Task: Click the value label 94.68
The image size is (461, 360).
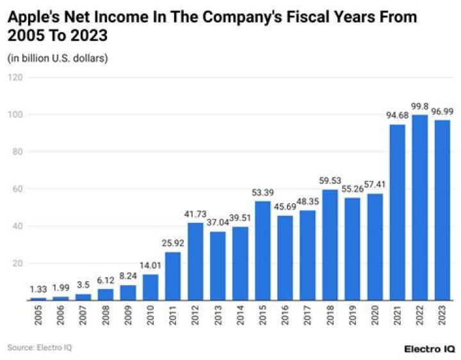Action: click(x=396, y=116)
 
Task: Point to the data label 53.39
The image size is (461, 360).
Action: click(x=263, y=193)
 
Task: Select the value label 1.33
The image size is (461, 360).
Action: click(x=38, y=290)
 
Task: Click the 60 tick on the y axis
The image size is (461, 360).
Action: click(x=17, y=189)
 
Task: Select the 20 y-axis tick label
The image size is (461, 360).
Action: click(x=17, y=263)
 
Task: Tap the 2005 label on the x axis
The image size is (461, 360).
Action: click(x=39, y=316)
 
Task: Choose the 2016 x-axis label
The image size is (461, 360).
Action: click(x=286, y=316)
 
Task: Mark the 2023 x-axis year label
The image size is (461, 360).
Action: click(x=443, y=316)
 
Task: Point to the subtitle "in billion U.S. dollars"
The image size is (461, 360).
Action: click(x=58, y=58)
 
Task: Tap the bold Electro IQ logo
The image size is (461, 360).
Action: click(x=429, y=348)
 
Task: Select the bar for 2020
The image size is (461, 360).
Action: click(x=375, y=247)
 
